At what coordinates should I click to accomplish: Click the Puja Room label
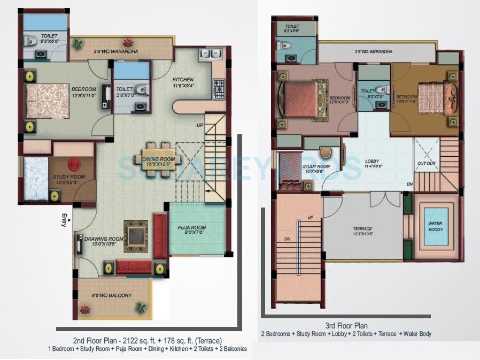point(191,228)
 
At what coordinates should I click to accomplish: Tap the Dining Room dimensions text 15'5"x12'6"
point(158,164)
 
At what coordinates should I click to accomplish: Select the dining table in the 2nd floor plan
point(158,154)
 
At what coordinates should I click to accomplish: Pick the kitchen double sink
point(208,53)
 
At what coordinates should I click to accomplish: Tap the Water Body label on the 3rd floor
point(435,226)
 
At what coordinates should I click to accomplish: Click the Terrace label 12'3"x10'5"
point(363,231)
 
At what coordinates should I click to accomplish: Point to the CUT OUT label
point(426,163)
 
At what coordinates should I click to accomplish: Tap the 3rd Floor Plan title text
point(346,325)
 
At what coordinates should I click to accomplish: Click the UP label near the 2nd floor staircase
point(201,125)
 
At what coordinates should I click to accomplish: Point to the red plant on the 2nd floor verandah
point(127,43)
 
